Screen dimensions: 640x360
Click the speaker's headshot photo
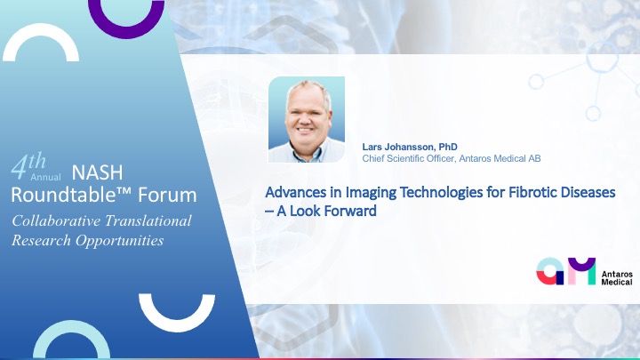[x=307, y=120]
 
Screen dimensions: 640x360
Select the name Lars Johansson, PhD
[x=410, y=147]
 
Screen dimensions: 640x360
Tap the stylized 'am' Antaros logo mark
[x=565, y=271]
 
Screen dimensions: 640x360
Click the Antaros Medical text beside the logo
[x=617, y=277]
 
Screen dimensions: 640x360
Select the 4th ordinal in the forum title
[x=28, y=165]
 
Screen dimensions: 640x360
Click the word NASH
[x=97, y=172]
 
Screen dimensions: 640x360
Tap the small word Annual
[x=45, y=177]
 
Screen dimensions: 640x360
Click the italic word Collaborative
[x=56, y=220]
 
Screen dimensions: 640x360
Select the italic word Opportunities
[x=120, y=241]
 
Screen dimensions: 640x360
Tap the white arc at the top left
[x=41, y=28]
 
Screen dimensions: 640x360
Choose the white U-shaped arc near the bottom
[x=177, y=325]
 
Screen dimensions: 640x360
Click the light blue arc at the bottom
[x=71, y=325]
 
